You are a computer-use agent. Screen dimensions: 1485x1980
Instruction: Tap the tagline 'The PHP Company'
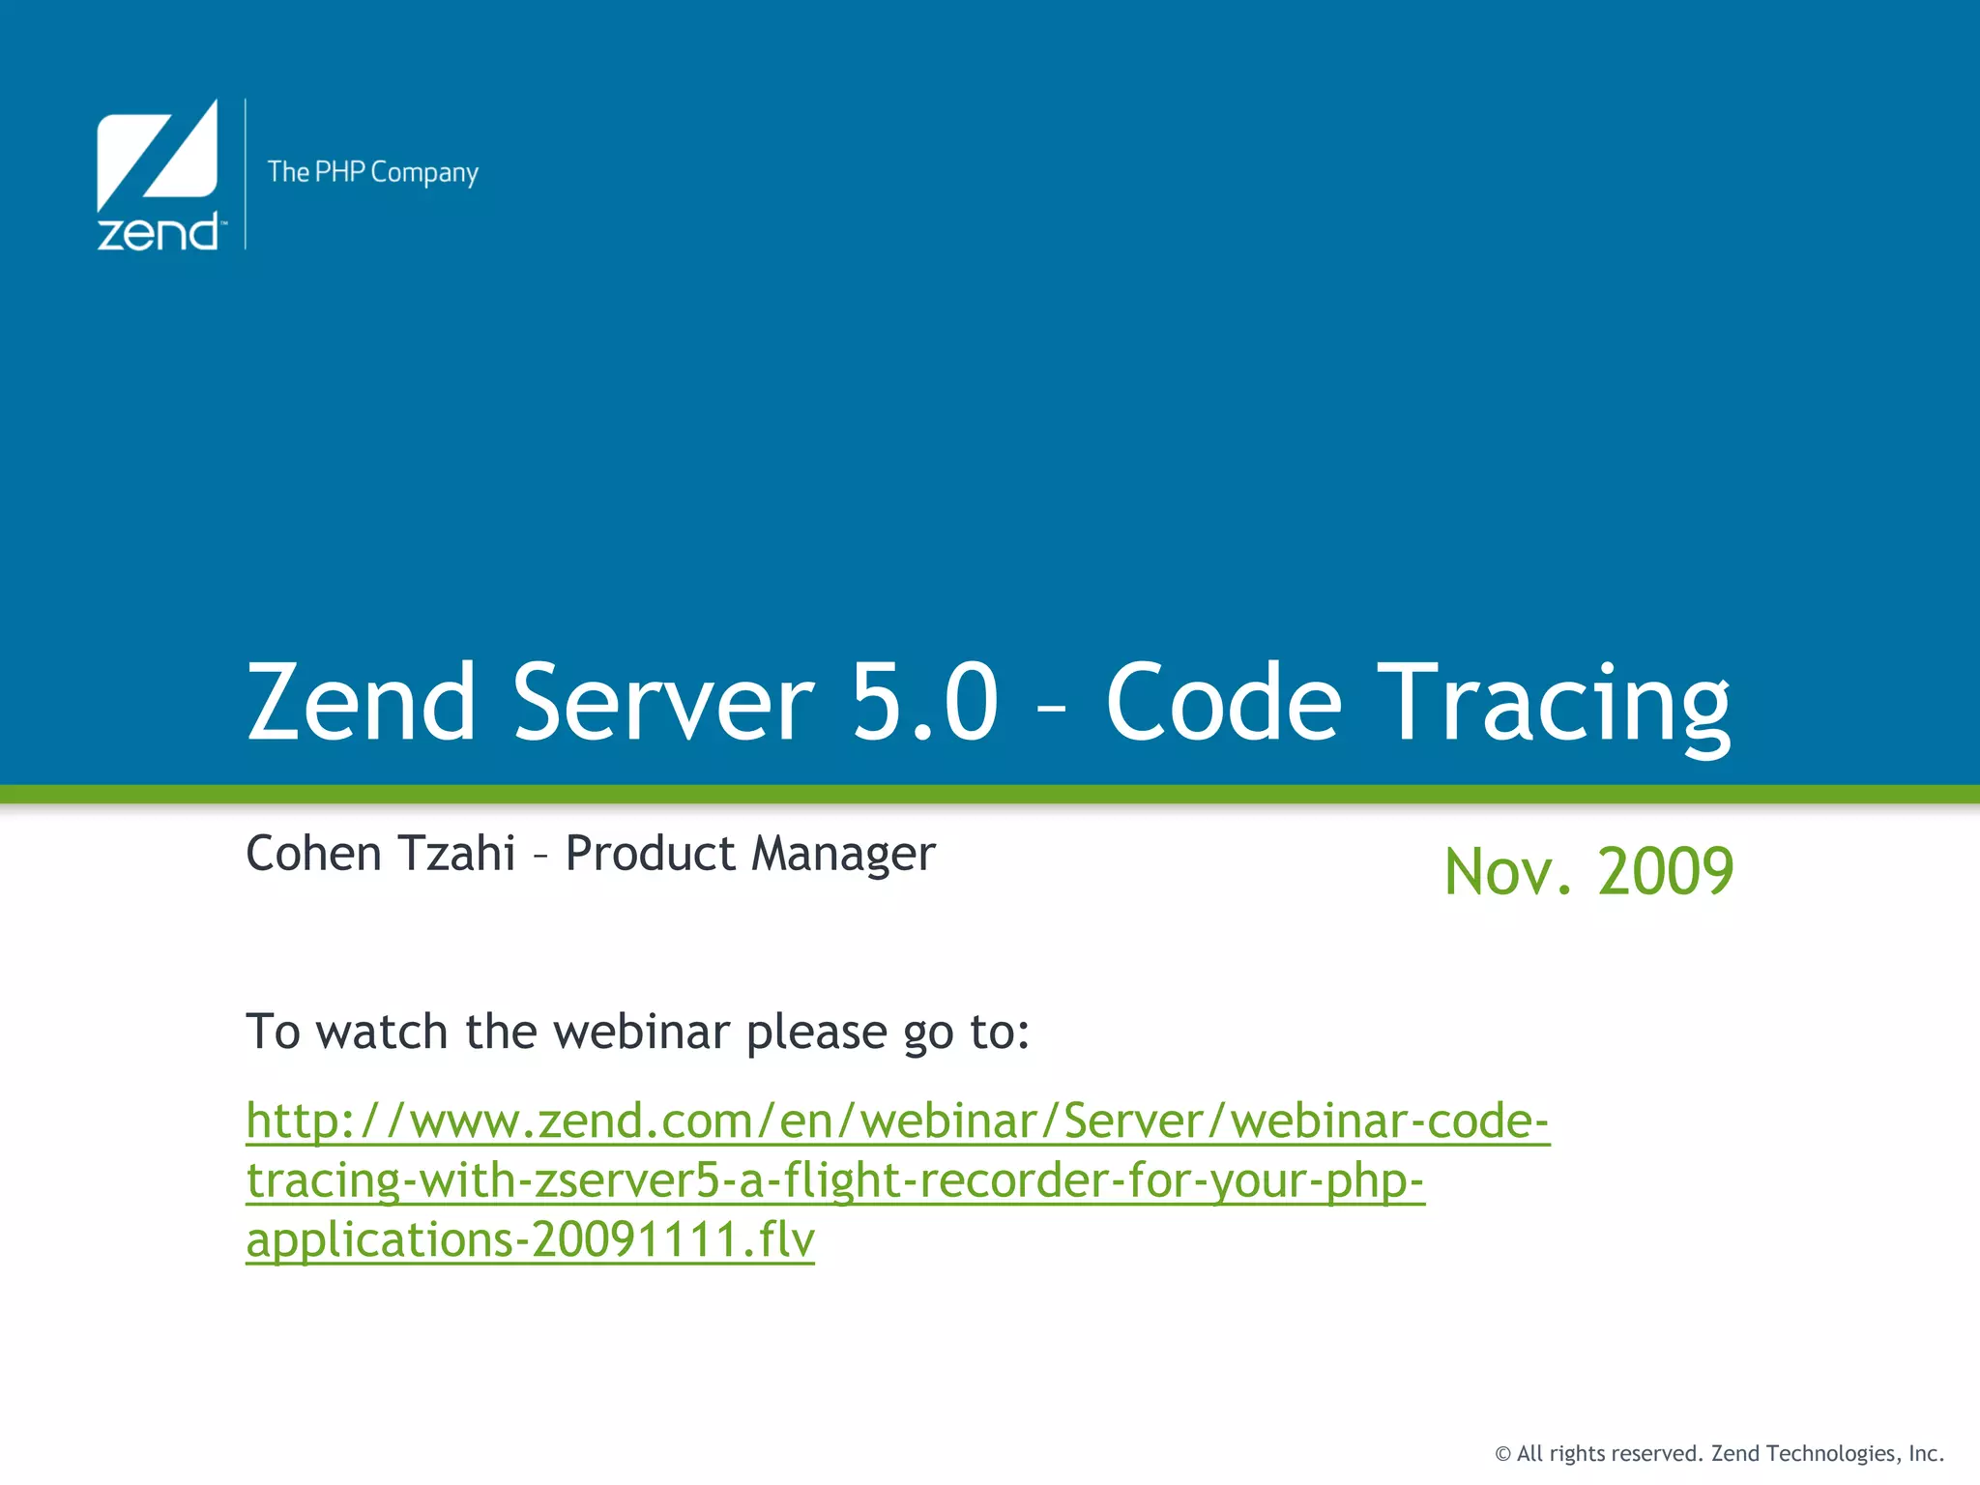(x=372, y=173)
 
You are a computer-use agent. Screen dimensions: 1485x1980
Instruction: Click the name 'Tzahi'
(x=456, y=853)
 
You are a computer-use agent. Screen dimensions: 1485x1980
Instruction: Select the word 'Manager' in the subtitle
(x=843, y=855)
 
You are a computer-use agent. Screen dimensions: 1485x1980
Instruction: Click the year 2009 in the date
(x=1666, y=872)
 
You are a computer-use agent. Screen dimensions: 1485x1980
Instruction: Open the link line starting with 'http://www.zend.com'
(x=897, y=1121)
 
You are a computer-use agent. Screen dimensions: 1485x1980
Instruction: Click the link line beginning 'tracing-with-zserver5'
(x=835, y=1181)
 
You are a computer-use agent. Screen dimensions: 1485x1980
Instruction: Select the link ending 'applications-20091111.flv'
(x=530, y=1240)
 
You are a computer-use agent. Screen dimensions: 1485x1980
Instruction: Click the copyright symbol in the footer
(x=1502, y=1454)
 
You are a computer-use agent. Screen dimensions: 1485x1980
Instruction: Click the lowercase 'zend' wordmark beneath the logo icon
(x=158, y=233)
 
